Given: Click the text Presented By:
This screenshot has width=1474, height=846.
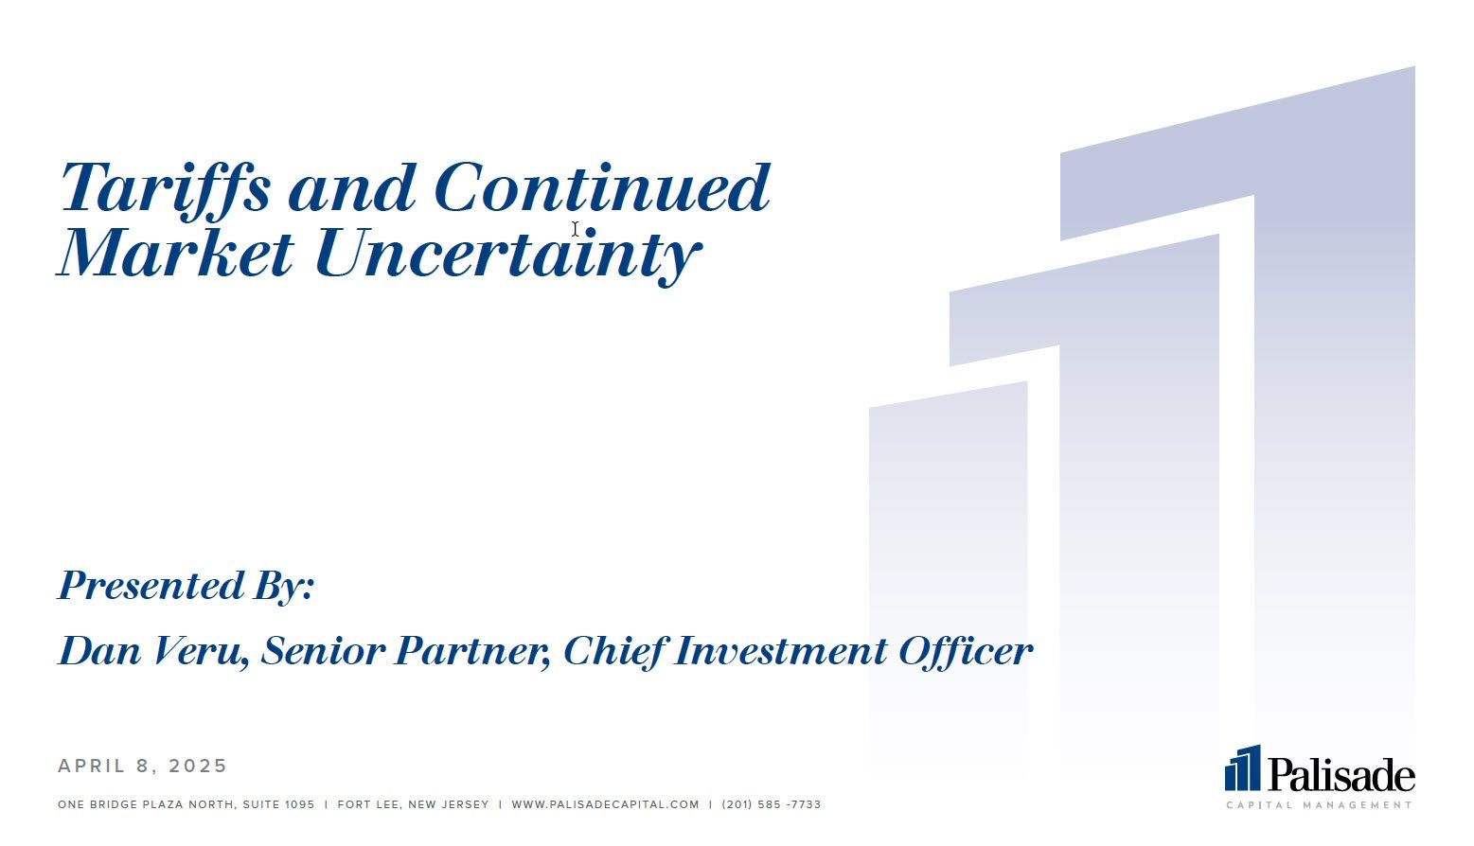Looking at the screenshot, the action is pos(186,586).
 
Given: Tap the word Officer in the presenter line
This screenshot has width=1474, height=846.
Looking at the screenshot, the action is pos(966,651).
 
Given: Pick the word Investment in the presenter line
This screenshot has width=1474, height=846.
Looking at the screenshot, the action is pos(780,651).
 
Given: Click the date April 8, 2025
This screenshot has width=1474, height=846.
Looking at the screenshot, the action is pos(142,766).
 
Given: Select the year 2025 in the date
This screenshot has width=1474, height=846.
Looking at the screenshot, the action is pos(198,766).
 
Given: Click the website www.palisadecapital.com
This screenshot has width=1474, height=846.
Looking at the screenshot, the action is pos(605,804).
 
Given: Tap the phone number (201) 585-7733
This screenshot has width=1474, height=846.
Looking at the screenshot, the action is pos(772,804).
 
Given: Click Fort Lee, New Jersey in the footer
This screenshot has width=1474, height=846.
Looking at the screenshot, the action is pos(414,804).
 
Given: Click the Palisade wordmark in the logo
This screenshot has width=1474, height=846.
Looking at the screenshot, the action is pos(1341,774).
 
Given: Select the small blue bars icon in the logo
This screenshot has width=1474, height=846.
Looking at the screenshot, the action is pos(1242,767).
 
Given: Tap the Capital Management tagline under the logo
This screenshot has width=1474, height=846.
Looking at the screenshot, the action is pos(1320,804).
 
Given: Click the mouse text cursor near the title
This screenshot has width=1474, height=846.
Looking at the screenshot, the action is pos(575,229).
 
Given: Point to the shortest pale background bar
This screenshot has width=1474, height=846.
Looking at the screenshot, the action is pos(949,579).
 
